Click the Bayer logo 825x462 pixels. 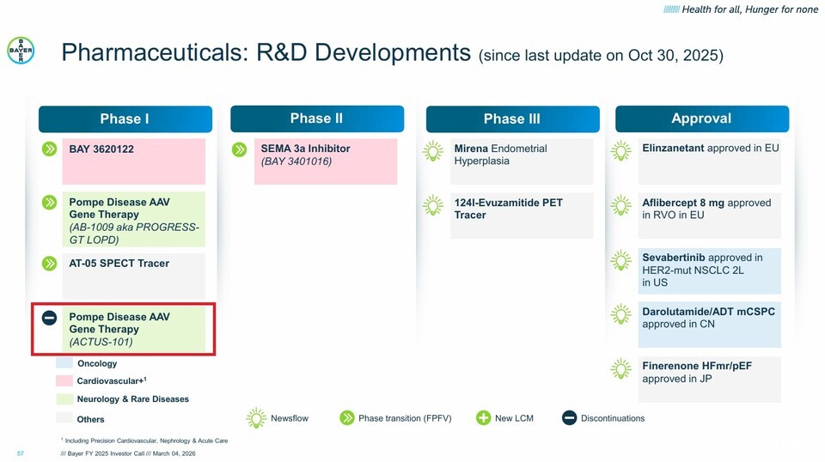(21, 51)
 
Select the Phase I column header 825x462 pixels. (125, 119)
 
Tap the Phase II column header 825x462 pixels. (317, 119)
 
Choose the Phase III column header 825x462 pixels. (512, 119)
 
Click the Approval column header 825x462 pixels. (702, 119)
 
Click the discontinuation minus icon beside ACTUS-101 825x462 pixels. (50, 318)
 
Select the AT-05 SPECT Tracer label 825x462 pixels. (119, 264)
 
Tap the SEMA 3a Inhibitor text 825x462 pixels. (305, 149)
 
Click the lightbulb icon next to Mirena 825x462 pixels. (433, 151)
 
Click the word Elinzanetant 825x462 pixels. (673, 149)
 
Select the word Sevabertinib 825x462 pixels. (674, 258)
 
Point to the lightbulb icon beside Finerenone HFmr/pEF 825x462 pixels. (620, 368)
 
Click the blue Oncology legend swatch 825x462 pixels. (64, 362)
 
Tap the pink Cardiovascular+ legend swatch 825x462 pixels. (64, 380)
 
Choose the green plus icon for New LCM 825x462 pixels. (483, 418)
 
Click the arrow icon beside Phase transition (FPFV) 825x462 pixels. (346, 418)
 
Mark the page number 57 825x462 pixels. (21, 453)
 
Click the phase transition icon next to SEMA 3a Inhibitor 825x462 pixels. (240, 149)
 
